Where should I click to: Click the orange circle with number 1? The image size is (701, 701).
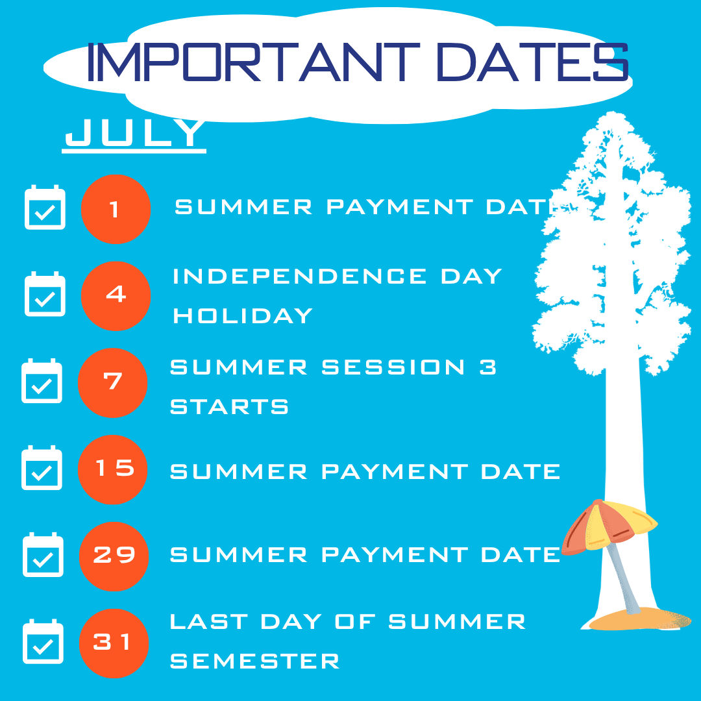pyautogui.click(x=116, y=209)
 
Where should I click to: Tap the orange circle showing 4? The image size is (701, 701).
pyautogui.click(x=116, y=296)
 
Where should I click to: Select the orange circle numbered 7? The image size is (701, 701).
pyautogui.click(x=113, y=383)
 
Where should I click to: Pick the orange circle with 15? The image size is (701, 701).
pyautogui.click(x=113, y=469)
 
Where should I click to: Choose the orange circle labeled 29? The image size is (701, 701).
pyautogui.click(x=114, y=557)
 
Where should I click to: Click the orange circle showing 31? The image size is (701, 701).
pyautogui.click(x=114, y=643)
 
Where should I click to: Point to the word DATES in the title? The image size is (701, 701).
pyautogui.click(x=532, y=62)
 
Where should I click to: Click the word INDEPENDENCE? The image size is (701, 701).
pyautogui.click(x=300, y=277)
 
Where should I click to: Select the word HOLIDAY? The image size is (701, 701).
pyautogui.click(x=243, y=315)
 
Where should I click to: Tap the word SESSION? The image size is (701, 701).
pyautogui.click(x=393, y=367)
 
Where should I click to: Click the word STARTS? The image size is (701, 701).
pyautogui.click(x=229, y=407)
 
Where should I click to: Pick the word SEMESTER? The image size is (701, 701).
pyautogui.click(x=255, y=661)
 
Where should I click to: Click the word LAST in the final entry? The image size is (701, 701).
pyautogui.click(x=209, y=622)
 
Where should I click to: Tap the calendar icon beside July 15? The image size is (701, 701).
pyautogui.click(x=42, y=467)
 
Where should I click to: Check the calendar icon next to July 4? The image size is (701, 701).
pyautogui.click(x=45, y=294)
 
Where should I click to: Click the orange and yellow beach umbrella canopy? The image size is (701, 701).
pyautogui.click(x=609, y=525)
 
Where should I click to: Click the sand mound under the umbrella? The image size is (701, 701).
pyautogui.click(x=640, y=619)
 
